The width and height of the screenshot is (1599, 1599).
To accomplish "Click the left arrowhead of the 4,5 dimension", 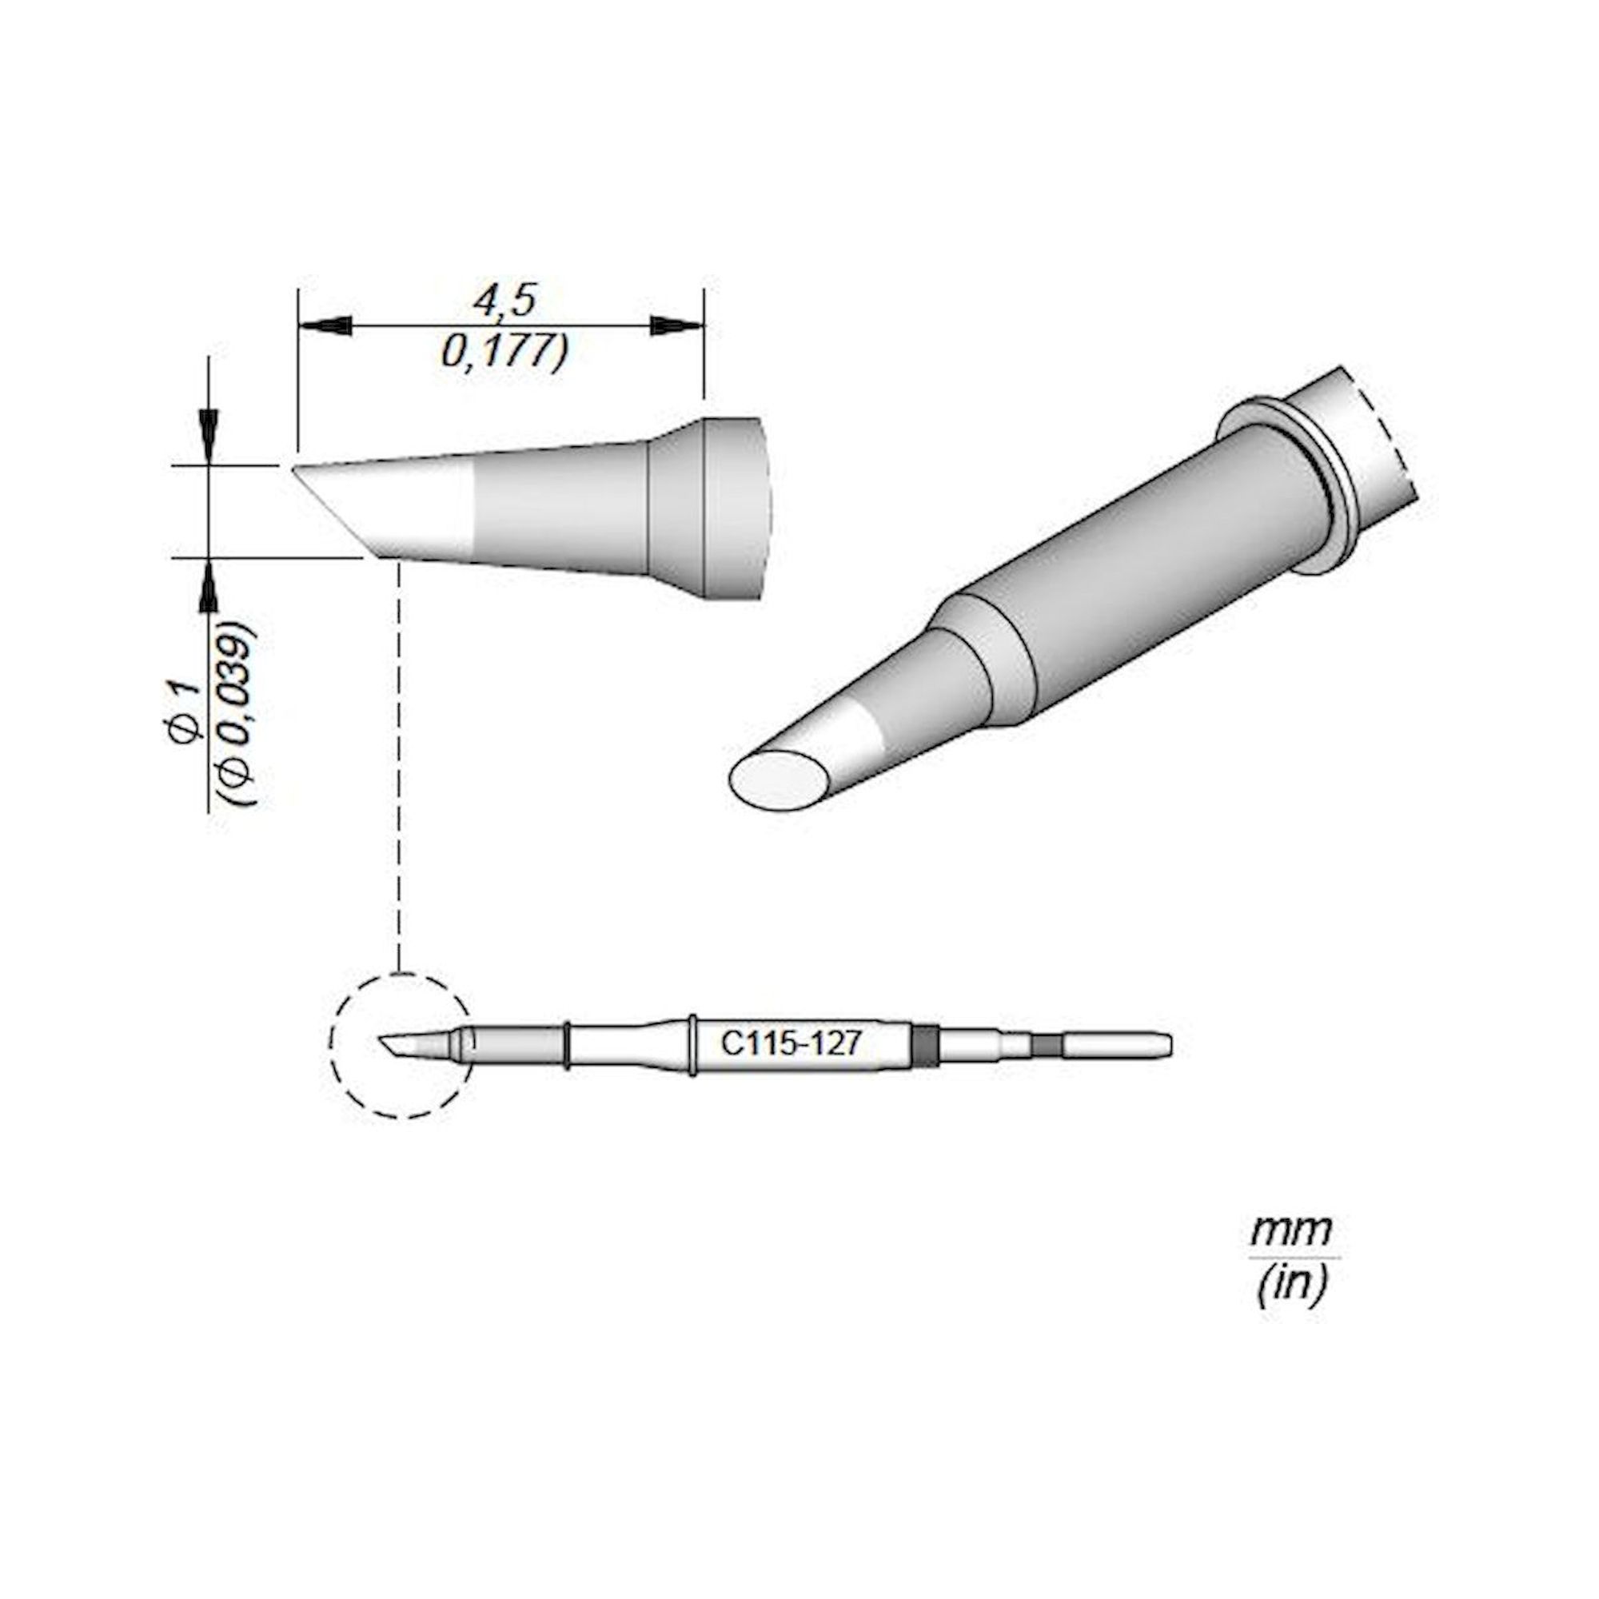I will [325, 326].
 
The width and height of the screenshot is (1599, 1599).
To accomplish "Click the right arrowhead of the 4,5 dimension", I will [676, 326].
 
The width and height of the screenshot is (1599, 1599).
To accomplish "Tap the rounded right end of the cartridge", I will [1166, 1045].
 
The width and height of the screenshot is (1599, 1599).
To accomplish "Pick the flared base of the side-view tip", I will [704, 508].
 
